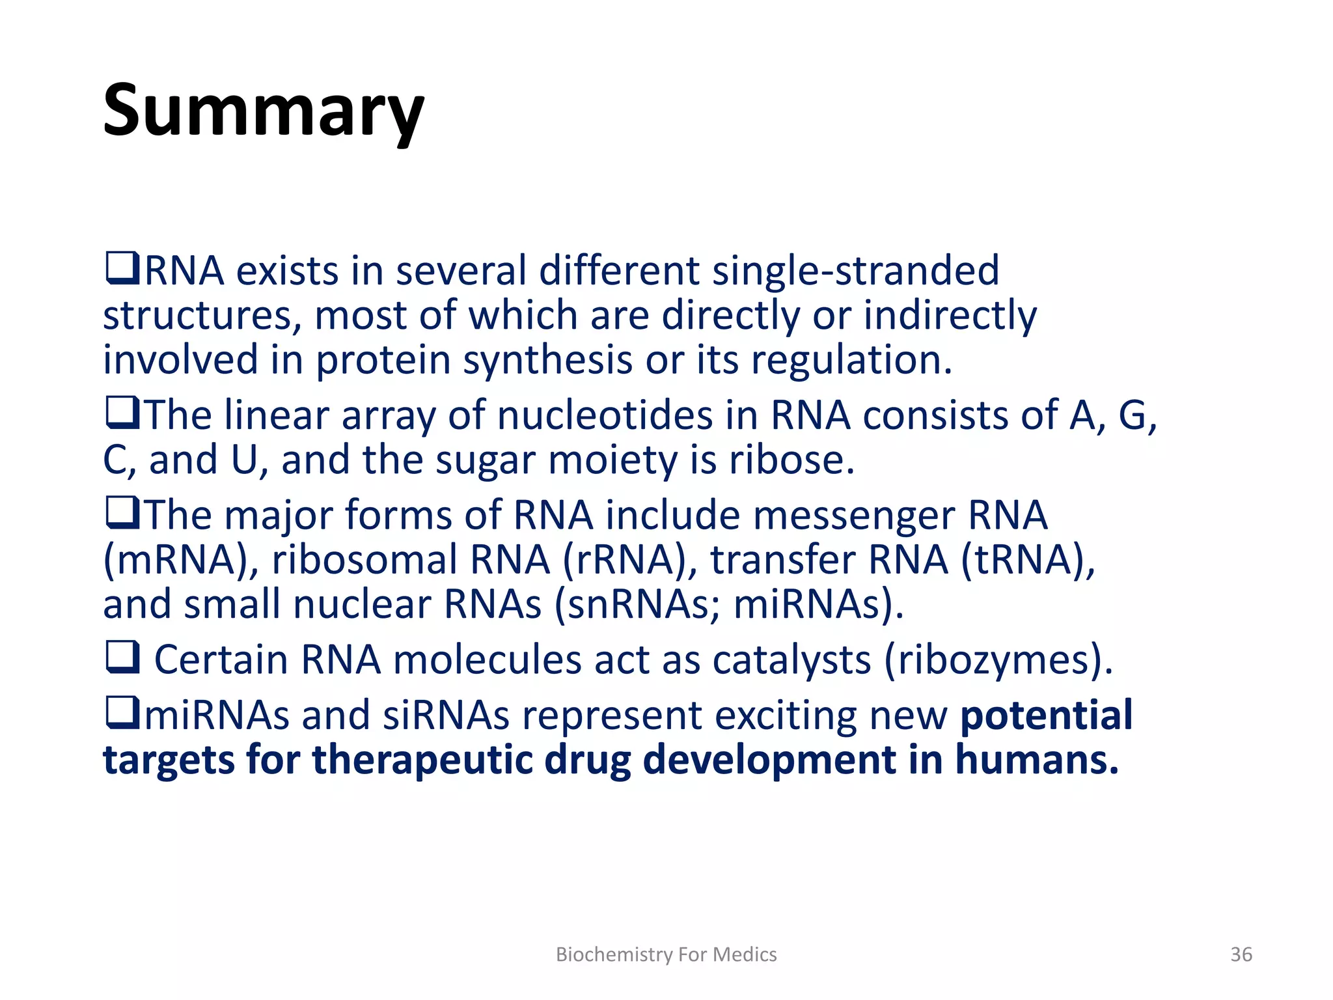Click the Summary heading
(264, 111)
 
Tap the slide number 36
(1241, 954)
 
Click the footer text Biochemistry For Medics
(666, 954)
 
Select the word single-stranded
(855, 270)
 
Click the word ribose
(790, 460)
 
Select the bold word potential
(1047, 715)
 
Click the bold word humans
(1036, 760)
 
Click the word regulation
(851, 359)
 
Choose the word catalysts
(791, 660)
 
